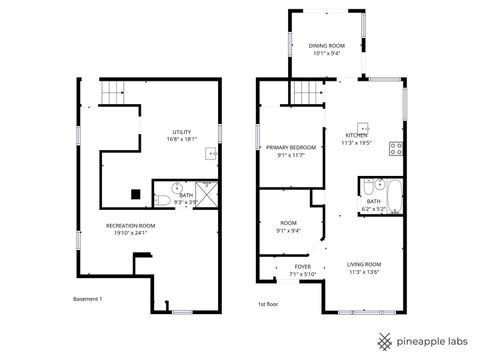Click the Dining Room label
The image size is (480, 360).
pos(326,46)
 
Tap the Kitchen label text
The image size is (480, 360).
pos(356,136)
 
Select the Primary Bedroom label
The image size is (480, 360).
pos(291,148)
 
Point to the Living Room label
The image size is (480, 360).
pos(364,264)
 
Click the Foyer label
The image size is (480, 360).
pos(302,267)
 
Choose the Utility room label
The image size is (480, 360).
pos(181,132)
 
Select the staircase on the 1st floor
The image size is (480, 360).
pos(304,93)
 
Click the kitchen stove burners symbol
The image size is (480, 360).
pos(396,151)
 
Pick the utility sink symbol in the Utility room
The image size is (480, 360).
pos(211,154)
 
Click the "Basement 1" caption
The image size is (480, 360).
pos(88,298)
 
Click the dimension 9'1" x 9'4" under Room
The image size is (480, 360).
pos(288,230)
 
